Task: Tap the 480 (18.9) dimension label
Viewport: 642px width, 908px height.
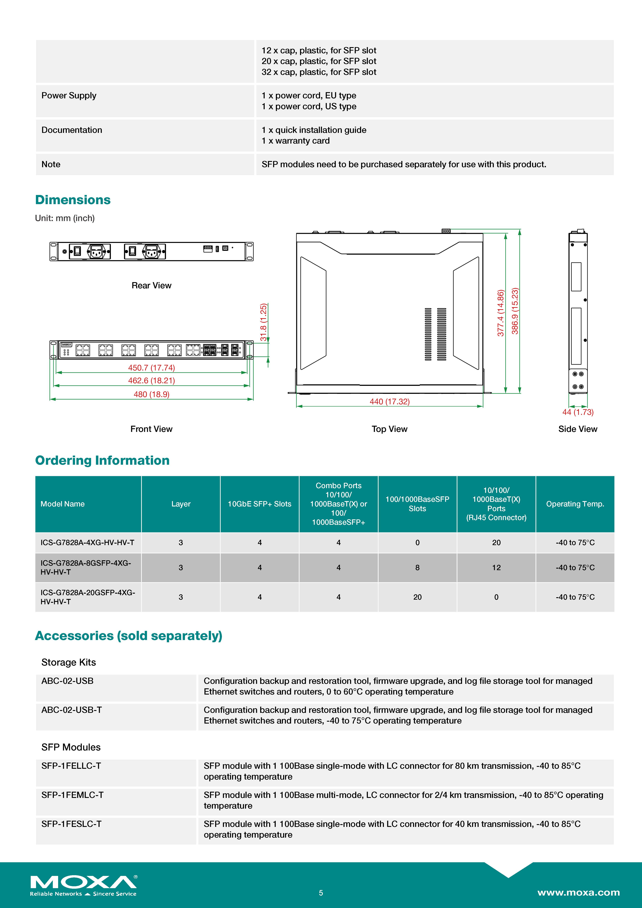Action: pyautogui.click(x=151, y=394)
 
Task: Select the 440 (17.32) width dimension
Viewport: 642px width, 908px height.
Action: pyautogui.click(x=389, y=401)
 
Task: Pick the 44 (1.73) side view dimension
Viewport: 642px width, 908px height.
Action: pyautogui.click(x=578, y=412)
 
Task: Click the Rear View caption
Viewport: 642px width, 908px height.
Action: pyautogui.click(x=151, y=286)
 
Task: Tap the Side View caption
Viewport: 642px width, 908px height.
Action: pyautogui.click(x=578, y=429)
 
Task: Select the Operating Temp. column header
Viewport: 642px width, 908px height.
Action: pyautogui.click(x=575, y=504)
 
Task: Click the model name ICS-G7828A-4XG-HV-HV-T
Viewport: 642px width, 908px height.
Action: pyautogui.click(x=87, y=543)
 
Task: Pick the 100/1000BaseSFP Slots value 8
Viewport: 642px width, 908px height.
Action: pyautogui.click(x=418, y=568)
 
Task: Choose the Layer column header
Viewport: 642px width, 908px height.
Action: pyautogui.click(x=181, y=504)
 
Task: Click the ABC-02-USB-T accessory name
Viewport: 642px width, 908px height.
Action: pyautogui.click(x=72, y=710)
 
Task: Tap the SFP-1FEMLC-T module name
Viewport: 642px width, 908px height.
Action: pyautogui.click(x=72, y=795)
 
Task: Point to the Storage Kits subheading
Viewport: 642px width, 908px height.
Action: pyautogui.click(x=68, y=662)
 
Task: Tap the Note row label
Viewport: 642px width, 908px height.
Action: pyautogui.click(x=51, y=164)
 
